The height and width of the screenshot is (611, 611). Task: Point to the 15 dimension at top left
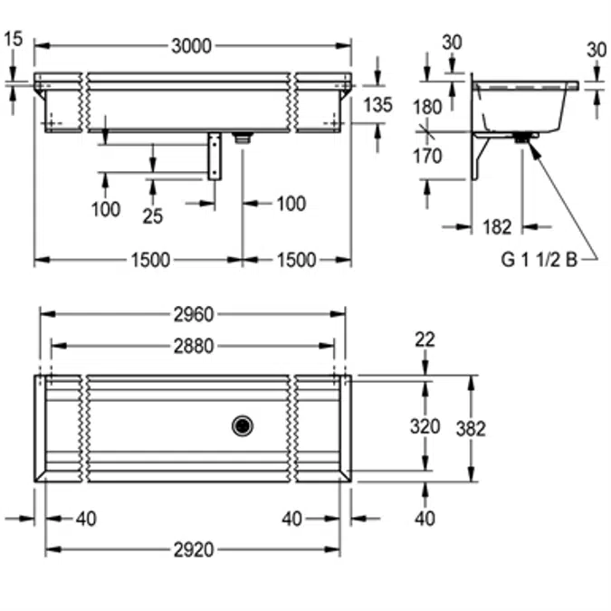click(x=13, y=38)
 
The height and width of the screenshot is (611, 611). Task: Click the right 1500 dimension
click(x=296, y=261)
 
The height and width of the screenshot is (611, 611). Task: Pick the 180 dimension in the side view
click(x=427, y=107)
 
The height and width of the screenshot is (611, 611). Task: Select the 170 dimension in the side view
click(x=427, y=156)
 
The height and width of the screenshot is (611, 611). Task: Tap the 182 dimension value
click(x=496, y=227)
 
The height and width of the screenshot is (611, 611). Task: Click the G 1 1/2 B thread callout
click(x=539, y=260)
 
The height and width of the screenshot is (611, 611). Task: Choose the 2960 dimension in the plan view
click(x=192, y=314)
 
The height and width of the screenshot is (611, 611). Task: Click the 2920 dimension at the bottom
click(x=192, y=549)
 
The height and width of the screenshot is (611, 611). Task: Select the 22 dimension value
click(x=425, y=339)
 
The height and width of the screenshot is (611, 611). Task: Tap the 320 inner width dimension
click(x=425, y=426)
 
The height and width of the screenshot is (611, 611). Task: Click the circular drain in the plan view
click(x=243, y=425)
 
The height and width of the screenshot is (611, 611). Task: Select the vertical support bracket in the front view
click(x=215, y=156)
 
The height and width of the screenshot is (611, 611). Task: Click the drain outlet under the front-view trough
click(x=242, y=138)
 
